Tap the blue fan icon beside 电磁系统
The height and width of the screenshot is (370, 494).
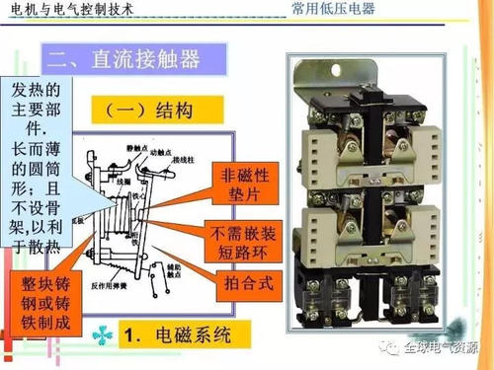pos(103,336)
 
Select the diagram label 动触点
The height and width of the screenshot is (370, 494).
pos(159,151)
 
